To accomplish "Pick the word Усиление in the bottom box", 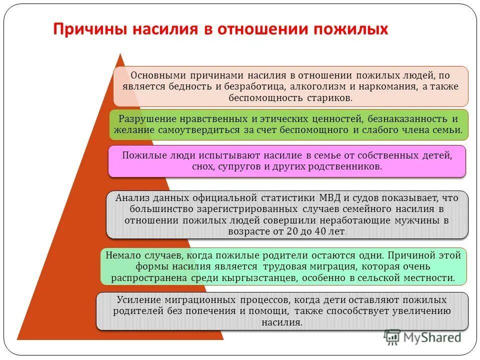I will [x=138, y=300].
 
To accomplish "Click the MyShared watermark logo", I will [x=422, y=337].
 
